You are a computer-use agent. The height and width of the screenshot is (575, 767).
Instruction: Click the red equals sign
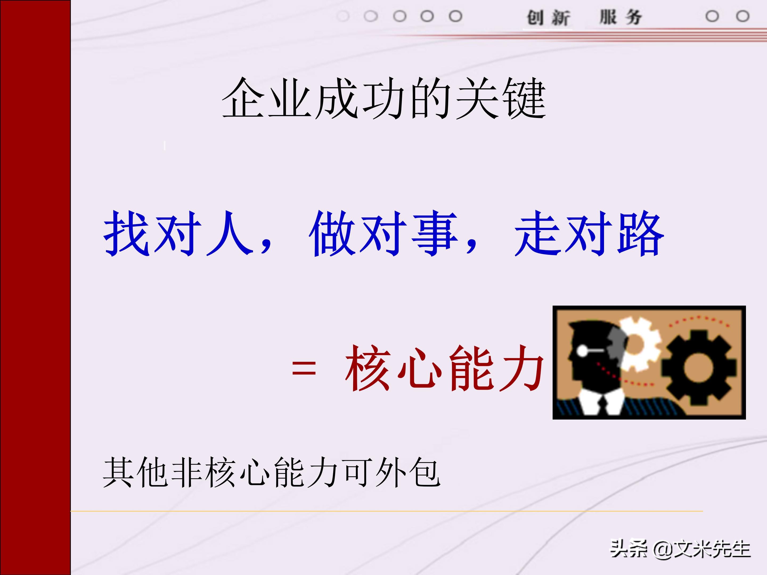click(304, 368)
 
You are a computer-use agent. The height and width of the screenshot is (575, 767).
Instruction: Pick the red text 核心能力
click(444, 368)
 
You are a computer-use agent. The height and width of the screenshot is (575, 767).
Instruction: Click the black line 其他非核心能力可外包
click(271, 473)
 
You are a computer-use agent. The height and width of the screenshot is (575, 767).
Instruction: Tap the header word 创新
click(548, 17)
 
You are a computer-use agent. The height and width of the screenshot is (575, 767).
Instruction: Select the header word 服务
click(621, 17)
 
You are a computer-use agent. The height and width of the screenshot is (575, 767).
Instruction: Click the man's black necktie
click(603, 405)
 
